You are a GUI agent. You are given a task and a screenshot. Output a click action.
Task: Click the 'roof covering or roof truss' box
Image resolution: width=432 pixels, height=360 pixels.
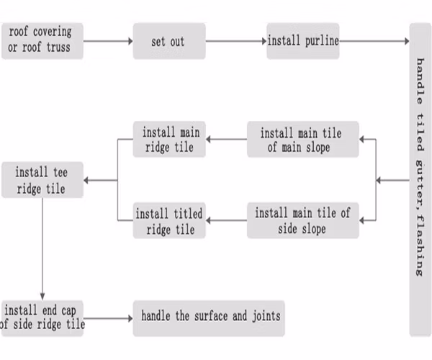pos(42,40)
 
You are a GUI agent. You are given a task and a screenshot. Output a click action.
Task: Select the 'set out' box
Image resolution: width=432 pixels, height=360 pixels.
pos(167,41)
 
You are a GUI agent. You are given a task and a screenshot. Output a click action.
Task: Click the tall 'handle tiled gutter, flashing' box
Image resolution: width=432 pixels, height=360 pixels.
pos(420,180)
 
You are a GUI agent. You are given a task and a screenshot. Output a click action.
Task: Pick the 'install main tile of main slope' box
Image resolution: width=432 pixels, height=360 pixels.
pos(302,140)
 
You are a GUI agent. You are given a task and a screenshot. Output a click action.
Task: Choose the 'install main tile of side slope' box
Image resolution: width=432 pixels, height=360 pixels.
pos(302,220)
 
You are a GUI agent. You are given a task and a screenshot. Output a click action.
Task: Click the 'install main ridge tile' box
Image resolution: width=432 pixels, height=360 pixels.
pos(170,140)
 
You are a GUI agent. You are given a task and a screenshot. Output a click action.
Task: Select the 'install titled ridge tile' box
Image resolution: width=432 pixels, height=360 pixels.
pos(170,220)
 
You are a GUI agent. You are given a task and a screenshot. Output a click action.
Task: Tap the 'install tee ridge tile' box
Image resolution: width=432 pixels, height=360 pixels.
pos(42,180)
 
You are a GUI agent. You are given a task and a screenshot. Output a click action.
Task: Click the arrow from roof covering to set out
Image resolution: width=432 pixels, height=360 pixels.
pos(108,41)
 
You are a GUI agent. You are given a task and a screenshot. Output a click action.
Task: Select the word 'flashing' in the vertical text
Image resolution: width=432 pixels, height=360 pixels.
pos(420,244)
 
